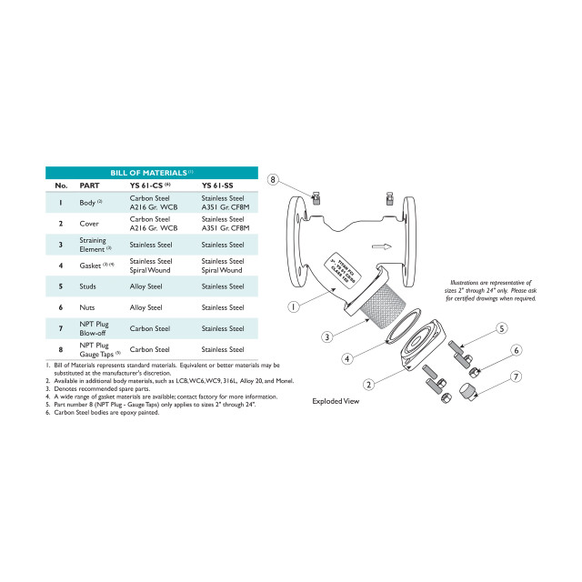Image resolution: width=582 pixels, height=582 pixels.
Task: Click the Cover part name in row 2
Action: [88, 223]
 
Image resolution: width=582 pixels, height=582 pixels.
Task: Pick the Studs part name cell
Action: [89, 286]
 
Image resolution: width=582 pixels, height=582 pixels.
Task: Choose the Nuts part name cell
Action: [88, 307]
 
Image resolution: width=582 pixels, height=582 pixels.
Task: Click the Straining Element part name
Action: [95, 244]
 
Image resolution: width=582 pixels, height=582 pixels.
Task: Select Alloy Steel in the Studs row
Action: [145, 286]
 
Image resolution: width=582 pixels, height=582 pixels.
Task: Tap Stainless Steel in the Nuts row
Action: [222, 307]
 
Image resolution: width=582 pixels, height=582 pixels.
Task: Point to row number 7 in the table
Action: [60, 328]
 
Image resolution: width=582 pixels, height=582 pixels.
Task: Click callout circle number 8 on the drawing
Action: [272, 180]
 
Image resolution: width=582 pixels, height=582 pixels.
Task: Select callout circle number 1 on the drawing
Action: [294, 306]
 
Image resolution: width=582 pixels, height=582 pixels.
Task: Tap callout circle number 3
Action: [326, 336]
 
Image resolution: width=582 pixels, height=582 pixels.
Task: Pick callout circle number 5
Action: [501, 328]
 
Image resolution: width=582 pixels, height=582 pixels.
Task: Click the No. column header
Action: [61, 186]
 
